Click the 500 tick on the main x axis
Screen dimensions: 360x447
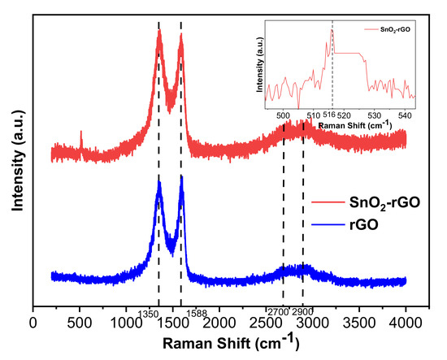click(x=80, y=322)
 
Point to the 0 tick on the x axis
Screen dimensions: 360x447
click(x=33, y=322)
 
